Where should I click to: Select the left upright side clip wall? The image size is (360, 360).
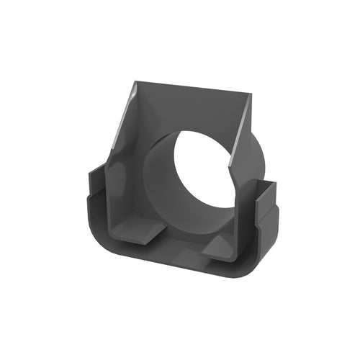point(97,198)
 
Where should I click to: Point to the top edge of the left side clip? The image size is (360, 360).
point(97,170)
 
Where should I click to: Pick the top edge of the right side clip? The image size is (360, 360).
point(266,184)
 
